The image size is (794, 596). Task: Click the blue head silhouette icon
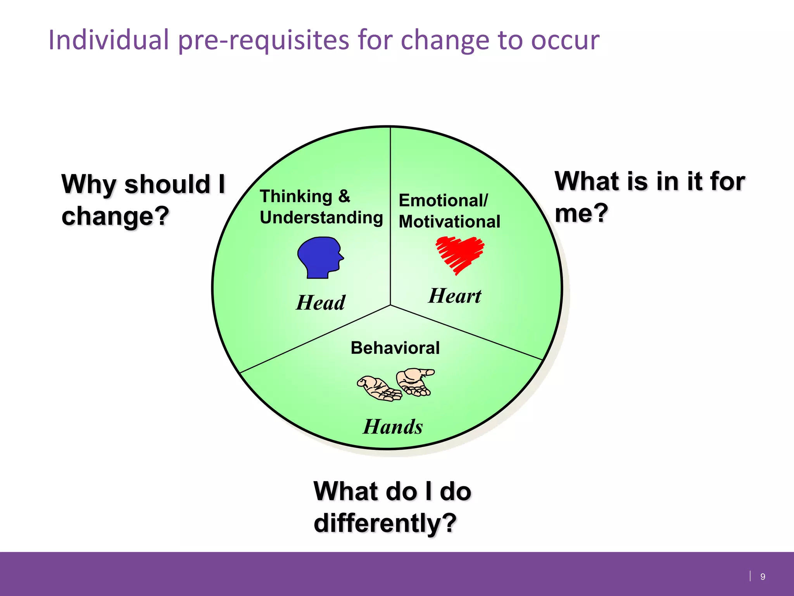pyautogui.click(x=319, y=257)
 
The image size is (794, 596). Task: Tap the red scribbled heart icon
pyautogui.click(x=460, y=254)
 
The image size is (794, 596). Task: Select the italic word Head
pyautogui.click(x=320, y=303)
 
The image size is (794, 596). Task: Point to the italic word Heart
pyautogui.click(x=455, y=296)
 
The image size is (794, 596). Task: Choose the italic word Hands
pyautogui.click(x=393, y=427)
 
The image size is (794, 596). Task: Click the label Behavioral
pyautogui.click(x=395, y=348)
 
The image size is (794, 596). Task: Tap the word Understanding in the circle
pyautogui.click(x=321, y=218)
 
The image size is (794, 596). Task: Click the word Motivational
pyautogui.click(x=449, y=222)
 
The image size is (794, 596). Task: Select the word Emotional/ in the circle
pyautogui.click(x=444, y=201)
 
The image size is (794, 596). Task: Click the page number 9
pyautogui.click(x=763, y=577)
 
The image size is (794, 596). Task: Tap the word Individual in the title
pyautogui.click(x=109, y=40)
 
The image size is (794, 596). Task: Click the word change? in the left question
pyautogui.click(x=116, y=216)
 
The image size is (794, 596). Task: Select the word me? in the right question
pyautogui.click(x=581, y=213)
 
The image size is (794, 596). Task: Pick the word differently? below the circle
pyautogui.click(x=385, y=523)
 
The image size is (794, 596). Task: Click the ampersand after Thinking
pyautogui.click(x=344, y=196)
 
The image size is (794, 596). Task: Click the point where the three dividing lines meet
pyautogui.click(x=390, y=305)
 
